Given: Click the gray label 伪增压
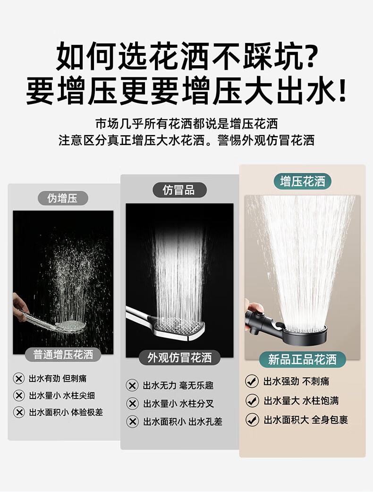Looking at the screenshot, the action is tap(63, 198).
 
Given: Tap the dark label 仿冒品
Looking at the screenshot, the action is tap(179, 190).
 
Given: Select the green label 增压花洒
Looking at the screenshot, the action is tap(303, 181).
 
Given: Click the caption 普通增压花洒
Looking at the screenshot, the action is tap(63, 355).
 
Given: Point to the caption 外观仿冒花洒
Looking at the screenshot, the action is tap(179, 357).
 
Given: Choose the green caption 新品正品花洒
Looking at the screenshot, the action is tap(302, 359).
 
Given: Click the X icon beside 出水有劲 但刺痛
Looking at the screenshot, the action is tap(19, 378).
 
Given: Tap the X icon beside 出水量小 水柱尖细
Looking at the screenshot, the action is tap(19, 395).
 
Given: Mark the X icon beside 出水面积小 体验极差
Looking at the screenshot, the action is tap(19, 412).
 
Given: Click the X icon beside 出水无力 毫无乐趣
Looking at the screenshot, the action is tap(132, 385).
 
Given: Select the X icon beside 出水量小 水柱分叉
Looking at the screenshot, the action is tap(132, 403).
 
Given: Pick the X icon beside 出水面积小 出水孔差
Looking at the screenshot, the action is tap(132, 421).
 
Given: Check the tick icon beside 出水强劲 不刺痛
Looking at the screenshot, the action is tap(252, 381).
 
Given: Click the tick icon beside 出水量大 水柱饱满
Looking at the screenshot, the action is tap(252, 400).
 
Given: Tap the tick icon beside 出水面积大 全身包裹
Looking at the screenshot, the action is tap(252, 419).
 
